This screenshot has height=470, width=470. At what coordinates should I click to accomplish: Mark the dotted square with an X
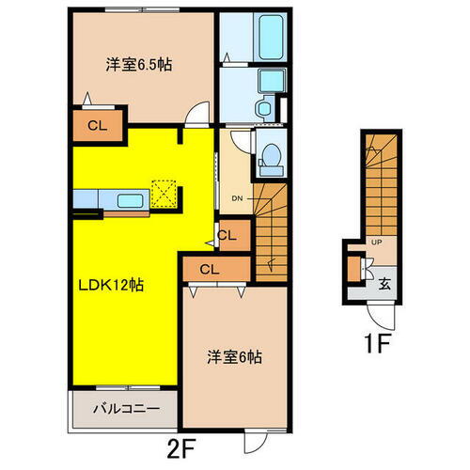165,194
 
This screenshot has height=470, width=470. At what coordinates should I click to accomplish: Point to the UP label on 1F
377,243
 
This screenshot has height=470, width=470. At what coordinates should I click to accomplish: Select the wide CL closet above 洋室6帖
210,270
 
